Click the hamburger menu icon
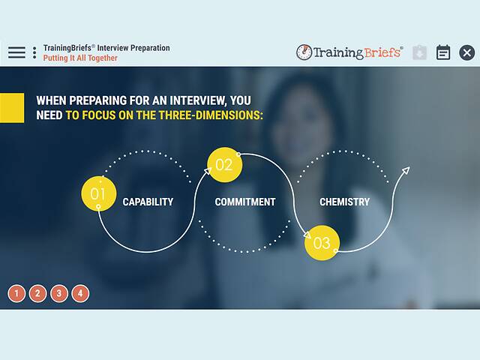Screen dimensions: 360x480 click(x=16, y=52)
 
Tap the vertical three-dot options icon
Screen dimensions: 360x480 click(x=34, y=52)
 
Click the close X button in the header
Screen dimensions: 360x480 click(x=466, y=52)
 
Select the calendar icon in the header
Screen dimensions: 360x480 click(x=443, y=52)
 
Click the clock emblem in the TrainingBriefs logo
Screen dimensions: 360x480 click(x=304, y=52)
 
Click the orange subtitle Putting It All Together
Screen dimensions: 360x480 click(x=80, y=58)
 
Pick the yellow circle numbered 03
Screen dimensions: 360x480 click(x=322, y=243)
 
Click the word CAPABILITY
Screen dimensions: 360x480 click(x=148, y=202)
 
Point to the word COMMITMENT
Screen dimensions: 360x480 click(x=244, y=202)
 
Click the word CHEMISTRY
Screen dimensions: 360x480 click(x=344, y=202)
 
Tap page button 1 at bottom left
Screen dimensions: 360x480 click(x=16, y=293)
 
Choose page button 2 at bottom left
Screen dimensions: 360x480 click(x=37, y=293)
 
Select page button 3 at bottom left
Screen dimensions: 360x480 click(x=59, y=293)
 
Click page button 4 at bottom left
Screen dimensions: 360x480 click(x=80, y=293)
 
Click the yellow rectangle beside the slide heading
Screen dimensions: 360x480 click(x=12, y=108)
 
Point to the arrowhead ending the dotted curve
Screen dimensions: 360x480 click(x=406, y=171)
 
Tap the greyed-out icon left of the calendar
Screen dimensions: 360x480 click(x=419, y=52)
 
